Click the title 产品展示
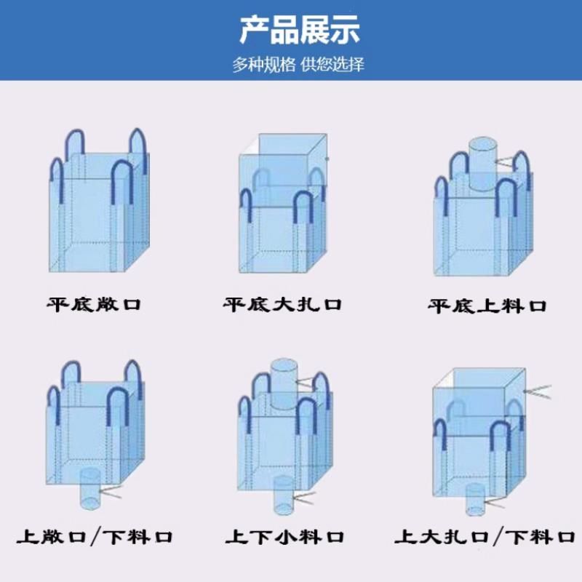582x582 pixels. (299, 31)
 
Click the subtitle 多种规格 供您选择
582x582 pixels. (298, 64)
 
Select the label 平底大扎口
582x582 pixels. (282, 303)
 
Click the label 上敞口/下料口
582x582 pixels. (95, 538)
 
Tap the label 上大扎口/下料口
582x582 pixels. (485, 538)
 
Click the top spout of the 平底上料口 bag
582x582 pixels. (481, 162)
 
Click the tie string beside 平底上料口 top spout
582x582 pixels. (505, 162)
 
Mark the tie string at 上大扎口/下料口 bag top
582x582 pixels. (537, 391)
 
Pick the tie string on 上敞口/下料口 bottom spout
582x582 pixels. (110, 493)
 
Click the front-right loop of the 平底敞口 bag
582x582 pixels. (121, 183)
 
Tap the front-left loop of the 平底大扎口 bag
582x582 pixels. (246, 204)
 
